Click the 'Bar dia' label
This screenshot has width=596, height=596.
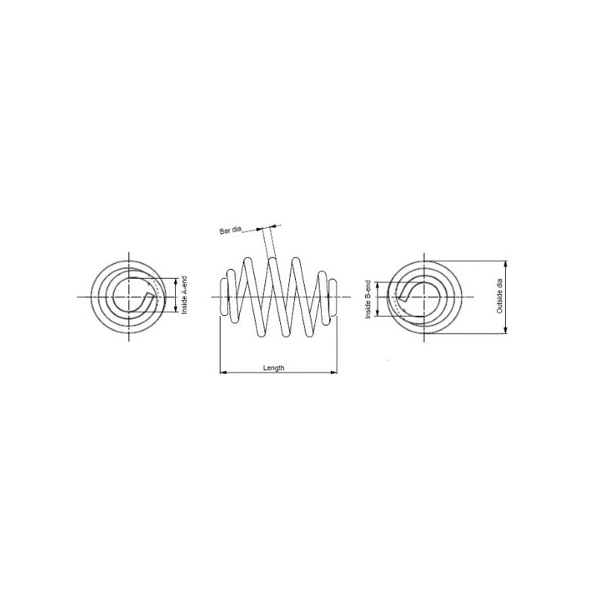230,230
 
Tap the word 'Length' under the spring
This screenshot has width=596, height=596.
273,367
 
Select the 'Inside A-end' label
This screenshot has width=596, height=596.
185,295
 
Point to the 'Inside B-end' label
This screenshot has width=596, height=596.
368,299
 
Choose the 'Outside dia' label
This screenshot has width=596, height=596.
499,296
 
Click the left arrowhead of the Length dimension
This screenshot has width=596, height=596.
223,372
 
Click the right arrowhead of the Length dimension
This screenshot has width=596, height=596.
334,372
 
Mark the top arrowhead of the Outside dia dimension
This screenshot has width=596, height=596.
506,264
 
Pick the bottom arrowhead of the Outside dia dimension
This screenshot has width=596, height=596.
506,330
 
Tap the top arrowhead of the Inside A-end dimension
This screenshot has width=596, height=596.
176,282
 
